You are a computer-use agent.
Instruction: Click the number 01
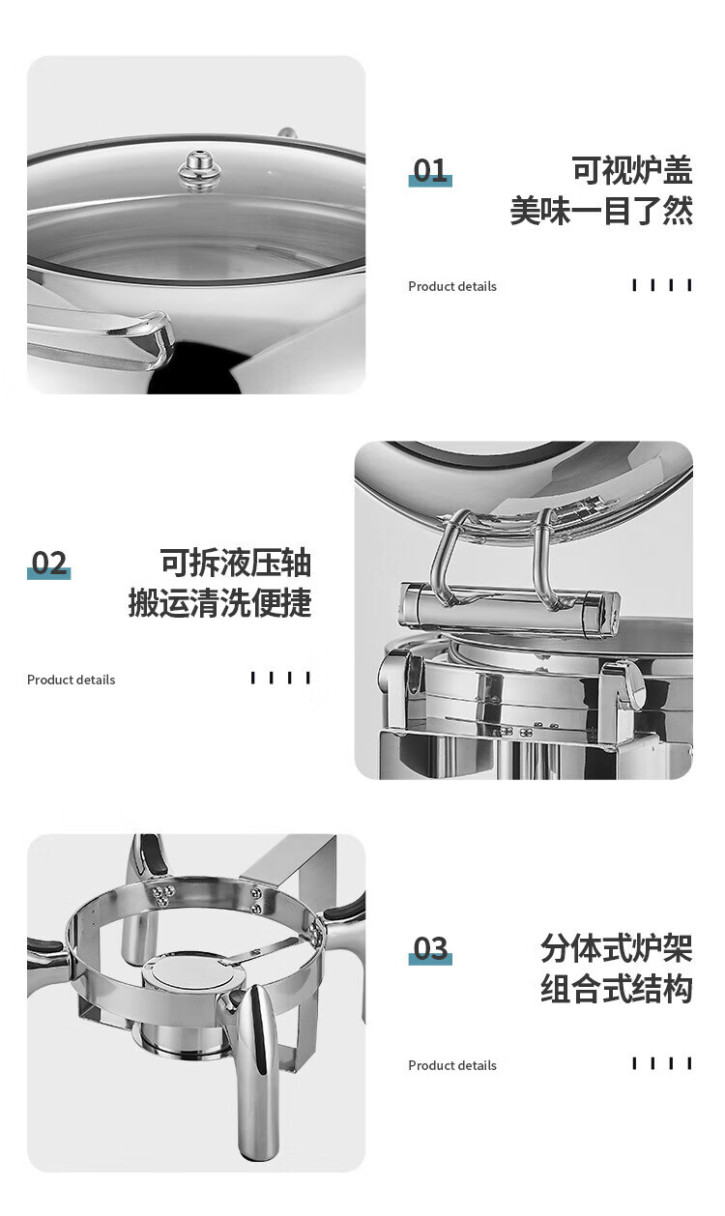click(430, 170)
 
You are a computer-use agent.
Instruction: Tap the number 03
click(431, 948)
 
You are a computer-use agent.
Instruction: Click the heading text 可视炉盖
click(632, 170)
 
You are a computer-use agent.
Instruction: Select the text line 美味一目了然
click(601, 210)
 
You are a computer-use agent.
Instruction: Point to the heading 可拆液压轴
click(235, 563)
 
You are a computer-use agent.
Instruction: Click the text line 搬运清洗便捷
click(220, 602)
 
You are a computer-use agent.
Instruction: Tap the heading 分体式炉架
click(617, 948)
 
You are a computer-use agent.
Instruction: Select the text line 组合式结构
click(617, 989)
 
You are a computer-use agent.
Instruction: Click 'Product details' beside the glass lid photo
click(452, 286)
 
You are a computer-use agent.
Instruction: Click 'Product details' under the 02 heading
click(72, 680)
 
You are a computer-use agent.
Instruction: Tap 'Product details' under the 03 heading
click(452, 1065)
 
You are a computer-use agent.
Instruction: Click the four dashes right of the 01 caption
click(662, 285)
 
